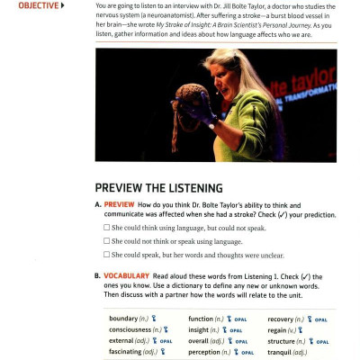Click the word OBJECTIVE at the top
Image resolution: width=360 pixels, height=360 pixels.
point(37,5)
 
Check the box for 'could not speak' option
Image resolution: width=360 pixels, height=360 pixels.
point(107,229)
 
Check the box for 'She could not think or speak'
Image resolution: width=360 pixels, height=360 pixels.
point(107,241)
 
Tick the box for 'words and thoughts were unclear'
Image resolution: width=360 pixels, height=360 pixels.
point(107,255)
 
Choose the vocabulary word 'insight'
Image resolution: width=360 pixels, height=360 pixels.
point(201,330)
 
